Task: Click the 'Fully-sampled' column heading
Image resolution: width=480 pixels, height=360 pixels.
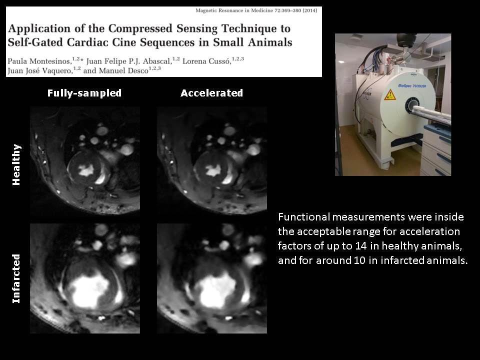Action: tap(84, 93)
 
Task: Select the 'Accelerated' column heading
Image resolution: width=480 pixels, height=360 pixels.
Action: tap(211, 93)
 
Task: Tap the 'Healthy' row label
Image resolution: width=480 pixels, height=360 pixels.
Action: tap(16, 164)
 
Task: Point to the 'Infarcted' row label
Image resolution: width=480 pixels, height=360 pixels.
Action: tap(16, 278)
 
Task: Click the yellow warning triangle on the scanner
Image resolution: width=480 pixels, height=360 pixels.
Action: tap(390, 95)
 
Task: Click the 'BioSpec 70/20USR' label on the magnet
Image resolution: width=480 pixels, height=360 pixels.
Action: tap(412, 86)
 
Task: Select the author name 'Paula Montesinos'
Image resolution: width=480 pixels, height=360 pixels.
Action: tap(39, 61)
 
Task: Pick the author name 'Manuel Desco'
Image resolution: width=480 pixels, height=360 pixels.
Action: tap(123, 70)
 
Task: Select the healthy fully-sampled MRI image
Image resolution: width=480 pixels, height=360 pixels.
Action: tap(85, 161)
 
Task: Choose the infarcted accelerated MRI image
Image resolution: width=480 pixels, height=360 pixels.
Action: tap(212, 278)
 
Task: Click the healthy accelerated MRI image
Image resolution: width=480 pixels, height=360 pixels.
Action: tap(212, 161)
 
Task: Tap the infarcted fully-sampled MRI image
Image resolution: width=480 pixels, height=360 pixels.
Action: tap(85, 278)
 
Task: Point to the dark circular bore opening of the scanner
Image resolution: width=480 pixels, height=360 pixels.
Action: tap(412, 105)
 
